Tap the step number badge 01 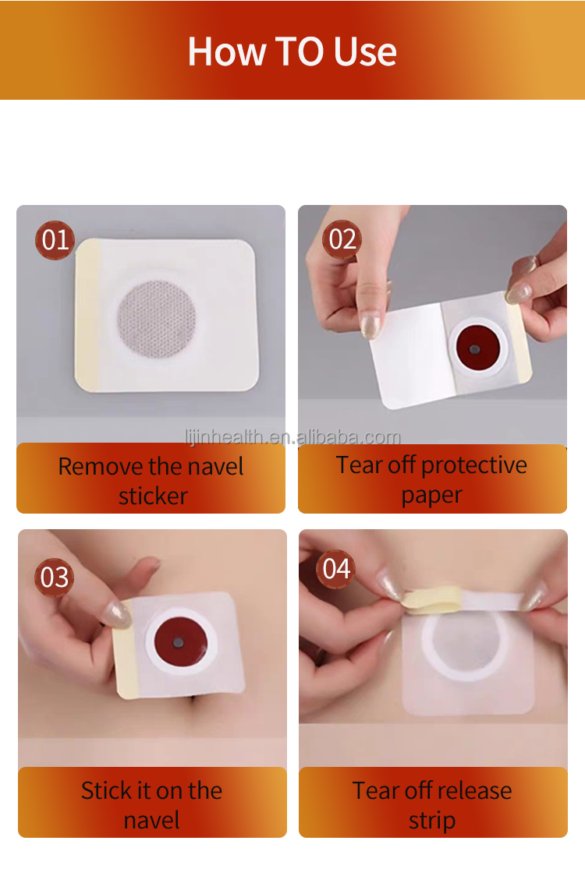tap(55, 240)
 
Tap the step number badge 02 tap(342, 239)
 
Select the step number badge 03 tap(55, 578)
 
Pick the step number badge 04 tap(336, 569)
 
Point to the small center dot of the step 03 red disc tap(179, 643)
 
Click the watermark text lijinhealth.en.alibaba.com tap(292, 437)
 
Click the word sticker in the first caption tap(153, 496)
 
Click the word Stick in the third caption tap(106, 791)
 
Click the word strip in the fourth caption tap(431, 821)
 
